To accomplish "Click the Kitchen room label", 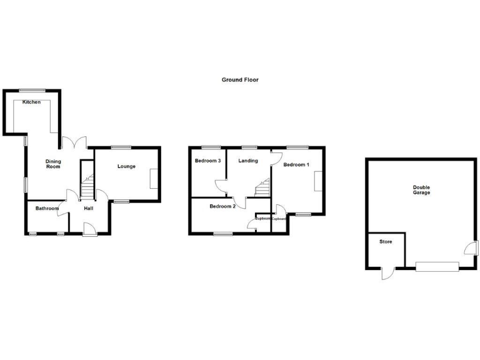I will pos(32,102).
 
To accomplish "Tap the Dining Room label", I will pos(53,164).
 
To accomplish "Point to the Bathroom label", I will pos(47,208).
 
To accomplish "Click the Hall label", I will pos(88,208).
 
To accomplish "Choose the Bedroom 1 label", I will pos(296,165).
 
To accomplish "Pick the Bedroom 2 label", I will pos(222,206).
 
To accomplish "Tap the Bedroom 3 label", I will pos(207,161).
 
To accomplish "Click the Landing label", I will pos(248,161).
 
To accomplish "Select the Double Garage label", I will pos(421,189).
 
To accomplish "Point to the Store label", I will pos(386,241).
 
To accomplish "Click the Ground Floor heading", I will pos(240,80).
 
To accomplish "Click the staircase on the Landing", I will pos(262,187).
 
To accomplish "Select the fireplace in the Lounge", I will pos(154,178).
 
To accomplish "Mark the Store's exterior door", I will pos(388,274).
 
